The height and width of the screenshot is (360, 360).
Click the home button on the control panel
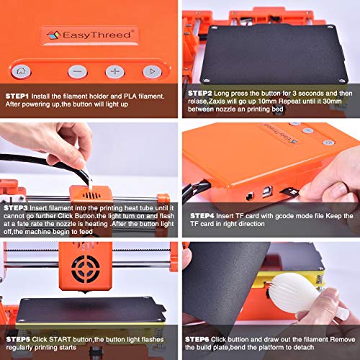[21, 71]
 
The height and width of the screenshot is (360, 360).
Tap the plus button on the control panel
[115, 71]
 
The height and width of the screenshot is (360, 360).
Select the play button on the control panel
[152, 71]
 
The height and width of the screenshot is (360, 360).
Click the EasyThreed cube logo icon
[53, 35]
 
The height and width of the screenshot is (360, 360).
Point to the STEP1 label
[17, 96]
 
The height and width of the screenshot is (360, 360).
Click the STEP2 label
[199, 94]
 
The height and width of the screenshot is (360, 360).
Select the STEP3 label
[16, 208]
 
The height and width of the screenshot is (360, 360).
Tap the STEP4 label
[202, 216]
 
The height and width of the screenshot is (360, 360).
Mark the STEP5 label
[18, 339]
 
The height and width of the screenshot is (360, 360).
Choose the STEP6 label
[197, 339]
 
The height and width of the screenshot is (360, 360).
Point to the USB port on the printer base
[267, 192]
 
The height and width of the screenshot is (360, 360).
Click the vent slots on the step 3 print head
[91, 196]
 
